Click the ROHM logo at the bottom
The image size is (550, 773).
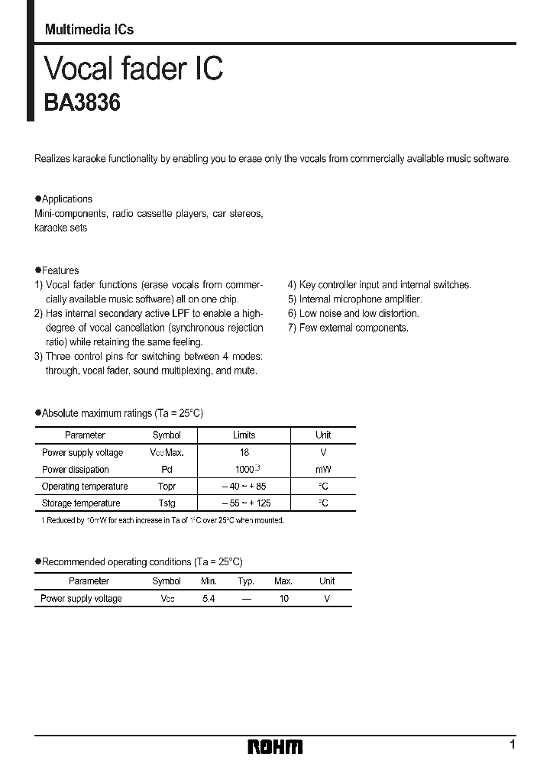click(275, 747)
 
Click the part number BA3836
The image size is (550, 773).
click(82, 102)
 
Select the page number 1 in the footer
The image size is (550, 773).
click(513, 744)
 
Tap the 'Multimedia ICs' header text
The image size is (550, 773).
click(89, 29)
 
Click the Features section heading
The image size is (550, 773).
click(60, 270)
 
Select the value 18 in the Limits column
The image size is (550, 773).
click(244, 452)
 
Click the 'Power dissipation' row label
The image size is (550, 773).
click(76, 469)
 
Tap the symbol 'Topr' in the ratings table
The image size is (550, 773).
click(167, 486)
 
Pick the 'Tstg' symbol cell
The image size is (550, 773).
click(167, 503)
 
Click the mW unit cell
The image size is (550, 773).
click(323, 469)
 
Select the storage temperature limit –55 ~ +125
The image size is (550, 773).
click(244, 503)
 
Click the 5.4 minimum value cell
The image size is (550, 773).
click(209, 599)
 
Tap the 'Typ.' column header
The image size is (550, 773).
click(245, 581)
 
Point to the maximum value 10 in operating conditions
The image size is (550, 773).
click(283, 599)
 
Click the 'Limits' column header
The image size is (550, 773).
click(244, 435)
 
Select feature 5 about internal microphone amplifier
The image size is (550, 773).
click(354, 299)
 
